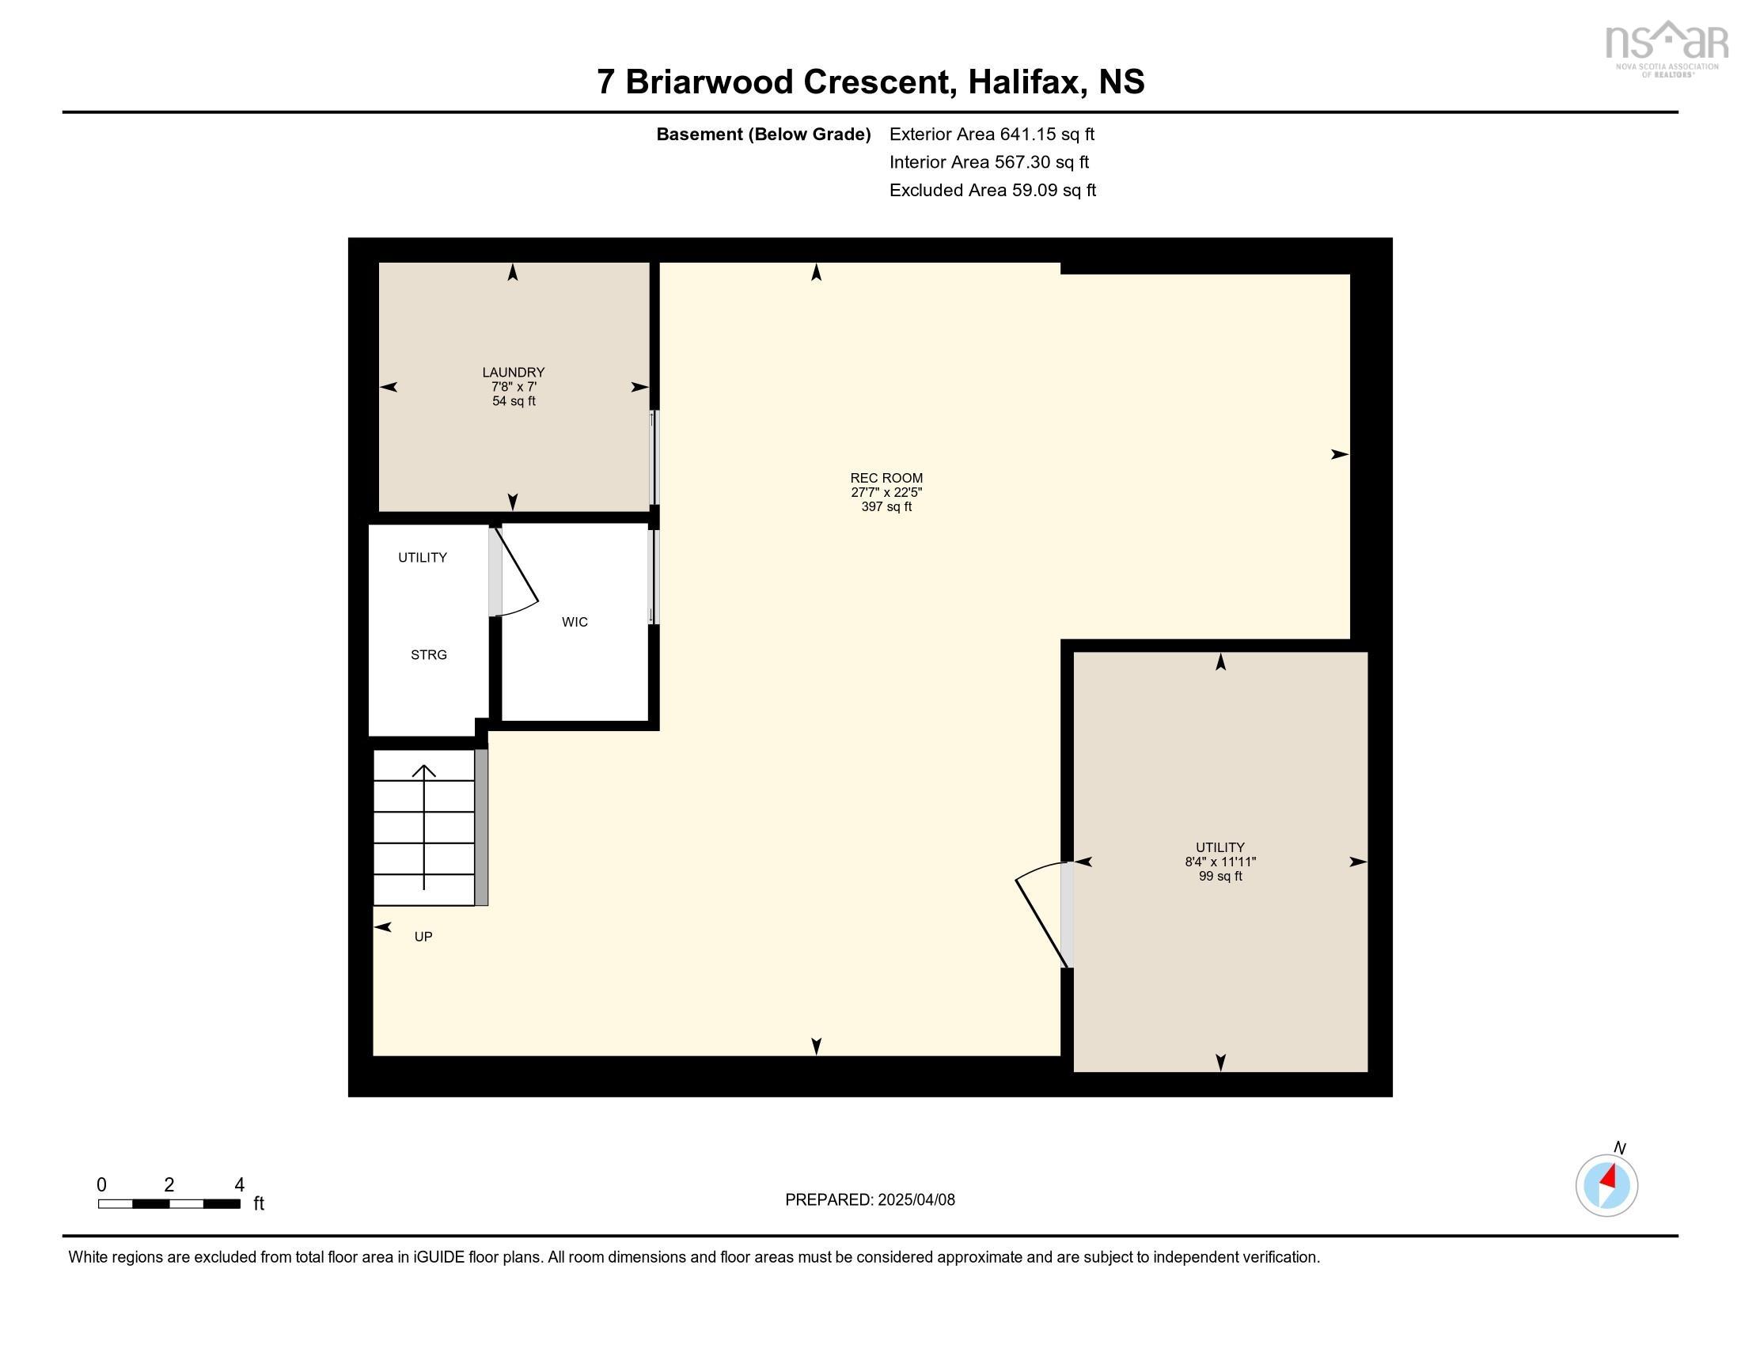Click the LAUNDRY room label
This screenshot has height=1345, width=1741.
pos(513,372)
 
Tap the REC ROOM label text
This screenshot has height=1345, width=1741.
pos(886,478)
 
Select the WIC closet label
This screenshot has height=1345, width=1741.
pos(574,622)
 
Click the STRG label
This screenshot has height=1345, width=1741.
pos(428,655)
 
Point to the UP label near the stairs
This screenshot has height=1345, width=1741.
pos(423,936)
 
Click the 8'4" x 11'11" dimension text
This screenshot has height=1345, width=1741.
pos(1219,862)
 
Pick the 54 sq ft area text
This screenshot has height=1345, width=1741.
pos(513,401)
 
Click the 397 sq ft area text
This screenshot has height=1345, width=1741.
pos(886,507)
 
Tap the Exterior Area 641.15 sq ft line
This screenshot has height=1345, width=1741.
pos(991,134)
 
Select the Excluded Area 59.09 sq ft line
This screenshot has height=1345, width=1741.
pos(992,191)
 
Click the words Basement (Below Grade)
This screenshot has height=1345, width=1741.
pos(762,134)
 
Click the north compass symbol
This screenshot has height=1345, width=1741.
pos(1606,1185)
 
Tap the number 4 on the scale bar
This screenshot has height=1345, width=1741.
pos(238,1184)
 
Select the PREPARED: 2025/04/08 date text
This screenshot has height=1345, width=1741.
pos(869,1199)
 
